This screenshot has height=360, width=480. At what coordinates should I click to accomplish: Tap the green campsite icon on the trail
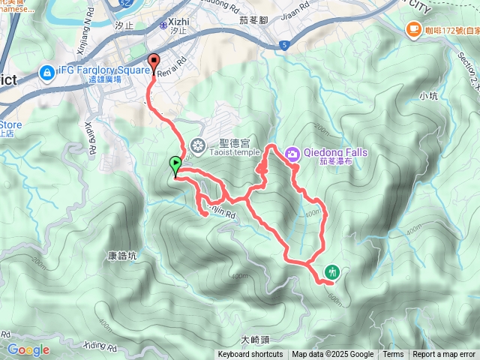pos(331,271)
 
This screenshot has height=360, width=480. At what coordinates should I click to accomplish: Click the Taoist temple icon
pos(199,145)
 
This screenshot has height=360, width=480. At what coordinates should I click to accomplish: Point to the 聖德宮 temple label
pos(230,141)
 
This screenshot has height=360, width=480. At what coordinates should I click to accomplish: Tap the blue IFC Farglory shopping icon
pos(46,73)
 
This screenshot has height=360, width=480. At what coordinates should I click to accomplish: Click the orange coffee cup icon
pos(412,29)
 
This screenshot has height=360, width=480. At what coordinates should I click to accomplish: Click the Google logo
pos(28,349)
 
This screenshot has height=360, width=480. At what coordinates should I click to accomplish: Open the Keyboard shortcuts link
pos(250,355)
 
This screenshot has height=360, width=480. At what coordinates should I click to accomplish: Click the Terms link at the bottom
pos(393,355)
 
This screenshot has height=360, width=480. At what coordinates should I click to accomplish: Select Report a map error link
pos(444,355)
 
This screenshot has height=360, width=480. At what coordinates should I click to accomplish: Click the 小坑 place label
pos(428,95)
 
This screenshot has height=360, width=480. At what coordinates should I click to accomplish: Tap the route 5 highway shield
pos(286,46)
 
